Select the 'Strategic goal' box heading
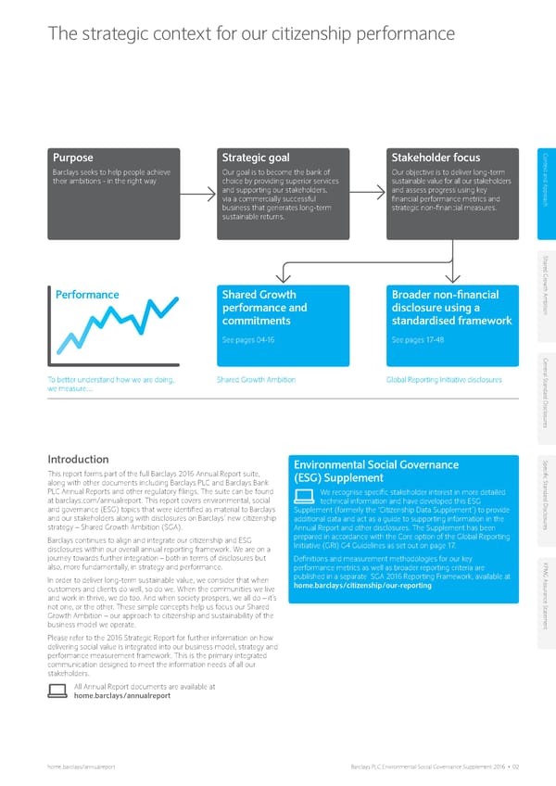(x=256, y=157)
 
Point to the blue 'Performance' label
(x=85, y=295)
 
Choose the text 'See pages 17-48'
(x=413, y=339)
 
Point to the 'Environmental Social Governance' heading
(x=375, y=464)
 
